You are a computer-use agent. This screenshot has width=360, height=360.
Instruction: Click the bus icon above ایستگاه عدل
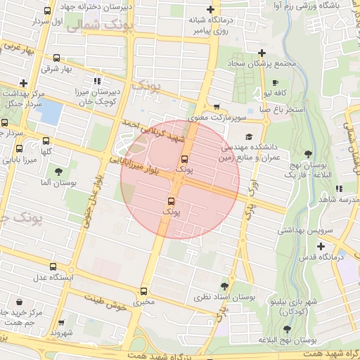click(x=53, y=266)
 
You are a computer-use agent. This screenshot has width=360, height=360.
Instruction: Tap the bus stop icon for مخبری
click(x=144, y=290)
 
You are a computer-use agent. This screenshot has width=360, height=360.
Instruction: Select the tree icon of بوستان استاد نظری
click(x=224, y=286)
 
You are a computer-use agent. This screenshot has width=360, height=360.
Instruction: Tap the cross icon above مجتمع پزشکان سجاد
click(x=262, y=53)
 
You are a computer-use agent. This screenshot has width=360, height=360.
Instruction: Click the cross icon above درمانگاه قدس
click(x=321, y=246)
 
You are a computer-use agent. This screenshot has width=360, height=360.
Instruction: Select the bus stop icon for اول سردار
click(x=47, y=11)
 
